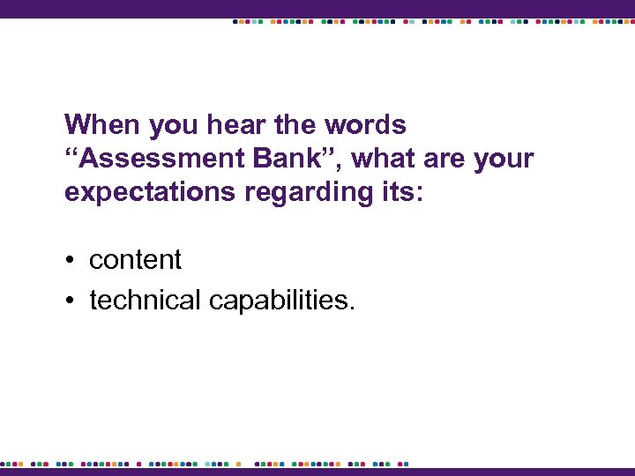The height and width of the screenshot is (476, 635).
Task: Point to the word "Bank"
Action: [287, 160]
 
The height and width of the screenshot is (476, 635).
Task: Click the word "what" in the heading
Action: [385, 160]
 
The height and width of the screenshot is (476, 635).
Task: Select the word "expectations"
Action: [146, 193]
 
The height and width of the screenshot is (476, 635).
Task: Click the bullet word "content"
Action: [135, 260]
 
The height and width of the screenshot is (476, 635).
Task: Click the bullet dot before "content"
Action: [70, 261]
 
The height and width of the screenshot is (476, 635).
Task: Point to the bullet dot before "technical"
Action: [70, 301]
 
